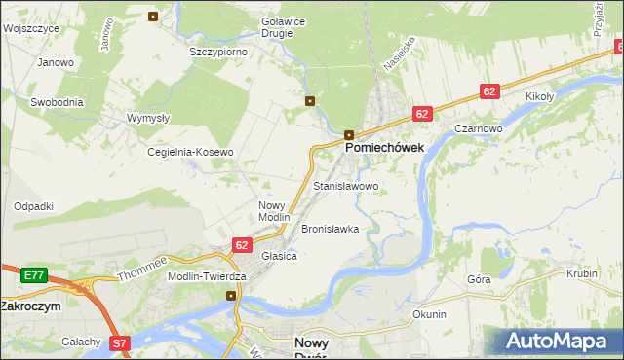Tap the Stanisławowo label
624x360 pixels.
point(345,185)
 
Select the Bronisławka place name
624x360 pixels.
point(331,230)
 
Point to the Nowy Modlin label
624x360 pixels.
point(274,211)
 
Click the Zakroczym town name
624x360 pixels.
point(30,306)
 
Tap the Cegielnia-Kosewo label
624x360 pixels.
point(190,153)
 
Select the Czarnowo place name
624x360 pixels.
point(478,127)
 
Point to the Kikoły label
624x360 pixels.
point(539,96)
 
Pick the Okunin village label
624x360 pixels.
point(429,314)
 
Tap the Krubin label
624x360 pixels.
point(581,274)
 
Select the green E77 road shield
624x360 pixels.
point(34,275)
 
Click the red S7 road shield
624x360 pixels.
point(119,342)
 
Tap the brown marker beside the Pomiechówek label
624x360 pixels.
point(349,134)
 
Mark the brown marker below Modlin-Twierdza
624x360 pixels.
point(231,296)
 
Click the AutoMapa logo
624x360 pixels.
point(560,341)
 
